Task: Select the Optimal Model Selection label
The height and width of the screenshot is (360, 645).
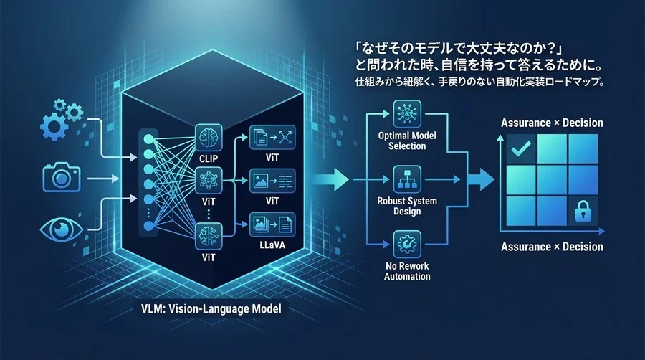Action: tap(406, 141)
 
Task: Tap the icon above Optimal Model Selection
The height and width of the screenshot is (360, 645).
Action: tap(406, 113)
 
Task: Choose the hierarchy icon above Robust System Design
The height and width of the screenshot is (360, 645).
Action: tap(406, 178)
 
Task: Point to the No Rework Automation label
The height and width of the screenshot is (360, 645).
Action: tap(406, 270)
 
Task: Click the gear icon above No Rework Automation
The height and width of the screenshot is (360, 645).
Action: tap(406, 242)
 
